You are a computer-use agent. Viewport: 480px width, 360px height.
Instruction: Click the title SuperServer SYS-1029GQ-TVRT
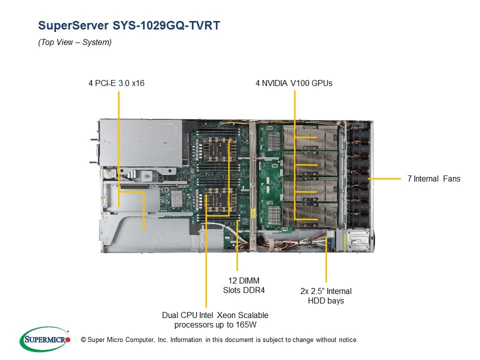tap(128, 25)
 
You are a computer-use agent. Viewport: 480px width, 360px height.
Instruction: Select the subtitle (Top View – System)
tap(74, 42)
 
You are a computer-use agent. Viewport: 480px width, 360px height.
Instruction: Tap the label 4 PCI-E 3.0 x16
tap(116, 83)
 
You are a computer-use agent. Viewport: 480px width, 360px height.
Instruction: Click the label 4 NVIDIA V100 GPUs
tap(293, 83)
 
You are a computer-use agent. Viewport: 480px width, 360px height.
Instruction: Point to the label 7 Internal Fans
tap(433, 178)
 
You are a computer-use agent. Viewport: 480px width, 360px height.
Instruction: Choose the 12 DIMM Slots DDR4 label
tap(241, 285)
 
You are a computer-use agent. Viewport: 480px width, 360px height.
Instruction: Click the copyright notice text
tap(216, 340)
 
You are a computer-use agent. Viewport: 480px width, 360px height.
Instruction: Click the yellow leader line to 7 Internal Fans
tap(385, 178)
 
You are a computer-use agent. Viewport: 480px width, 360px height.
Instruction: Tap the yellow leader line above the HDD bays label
tap(326, 260)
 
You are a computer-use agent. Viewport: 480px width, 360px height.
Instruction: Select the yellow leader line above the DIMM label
tap(237, 255)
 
